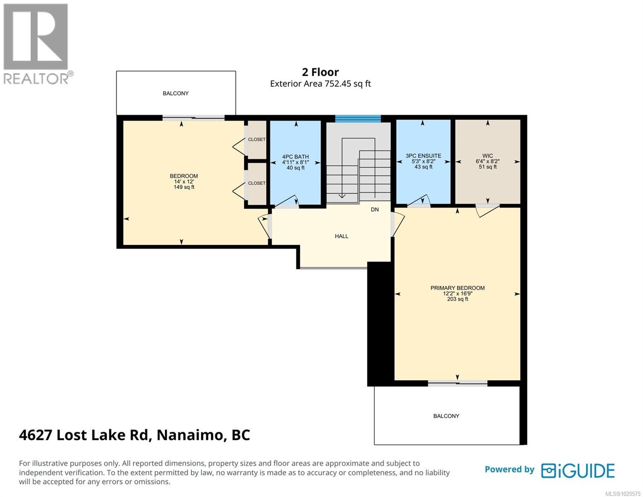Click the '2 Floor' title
pos(320,72)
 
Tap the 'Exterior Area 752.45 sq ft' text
pos(320,84)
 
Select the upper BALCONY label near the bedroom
pos(176,94)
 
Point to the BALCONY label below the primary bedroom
pos(446,416)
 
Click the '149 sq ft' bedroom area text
pos(184,187)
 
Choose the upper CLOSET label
pos(256,140)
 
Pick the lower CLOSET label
pos(256,183)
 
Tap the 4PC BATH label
pos(295,157)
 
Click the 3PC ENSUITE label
pos(423,156)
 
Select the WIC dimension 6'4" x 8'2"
pos(487,162)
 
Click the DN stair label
pos(374,210)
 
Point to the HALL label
pos(341,236)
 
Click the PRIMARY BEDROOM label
pos(457,288)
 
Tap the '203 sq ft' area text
pos(457,299)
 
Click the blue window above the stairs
pos(357,119)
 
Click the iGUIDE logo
pos(578,470)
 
